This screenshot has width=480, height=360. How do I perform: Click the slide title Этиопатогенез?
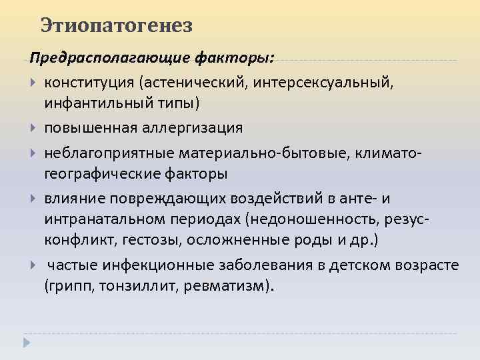[x=116, y=26]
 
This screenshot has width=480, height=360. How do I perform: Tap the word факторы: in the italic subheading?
[x=233, y=57]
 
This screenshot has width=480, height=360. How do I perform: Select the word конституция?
[x=89, y=82]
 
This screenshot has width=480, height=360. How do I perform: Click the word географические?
[x=105, y=175]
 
